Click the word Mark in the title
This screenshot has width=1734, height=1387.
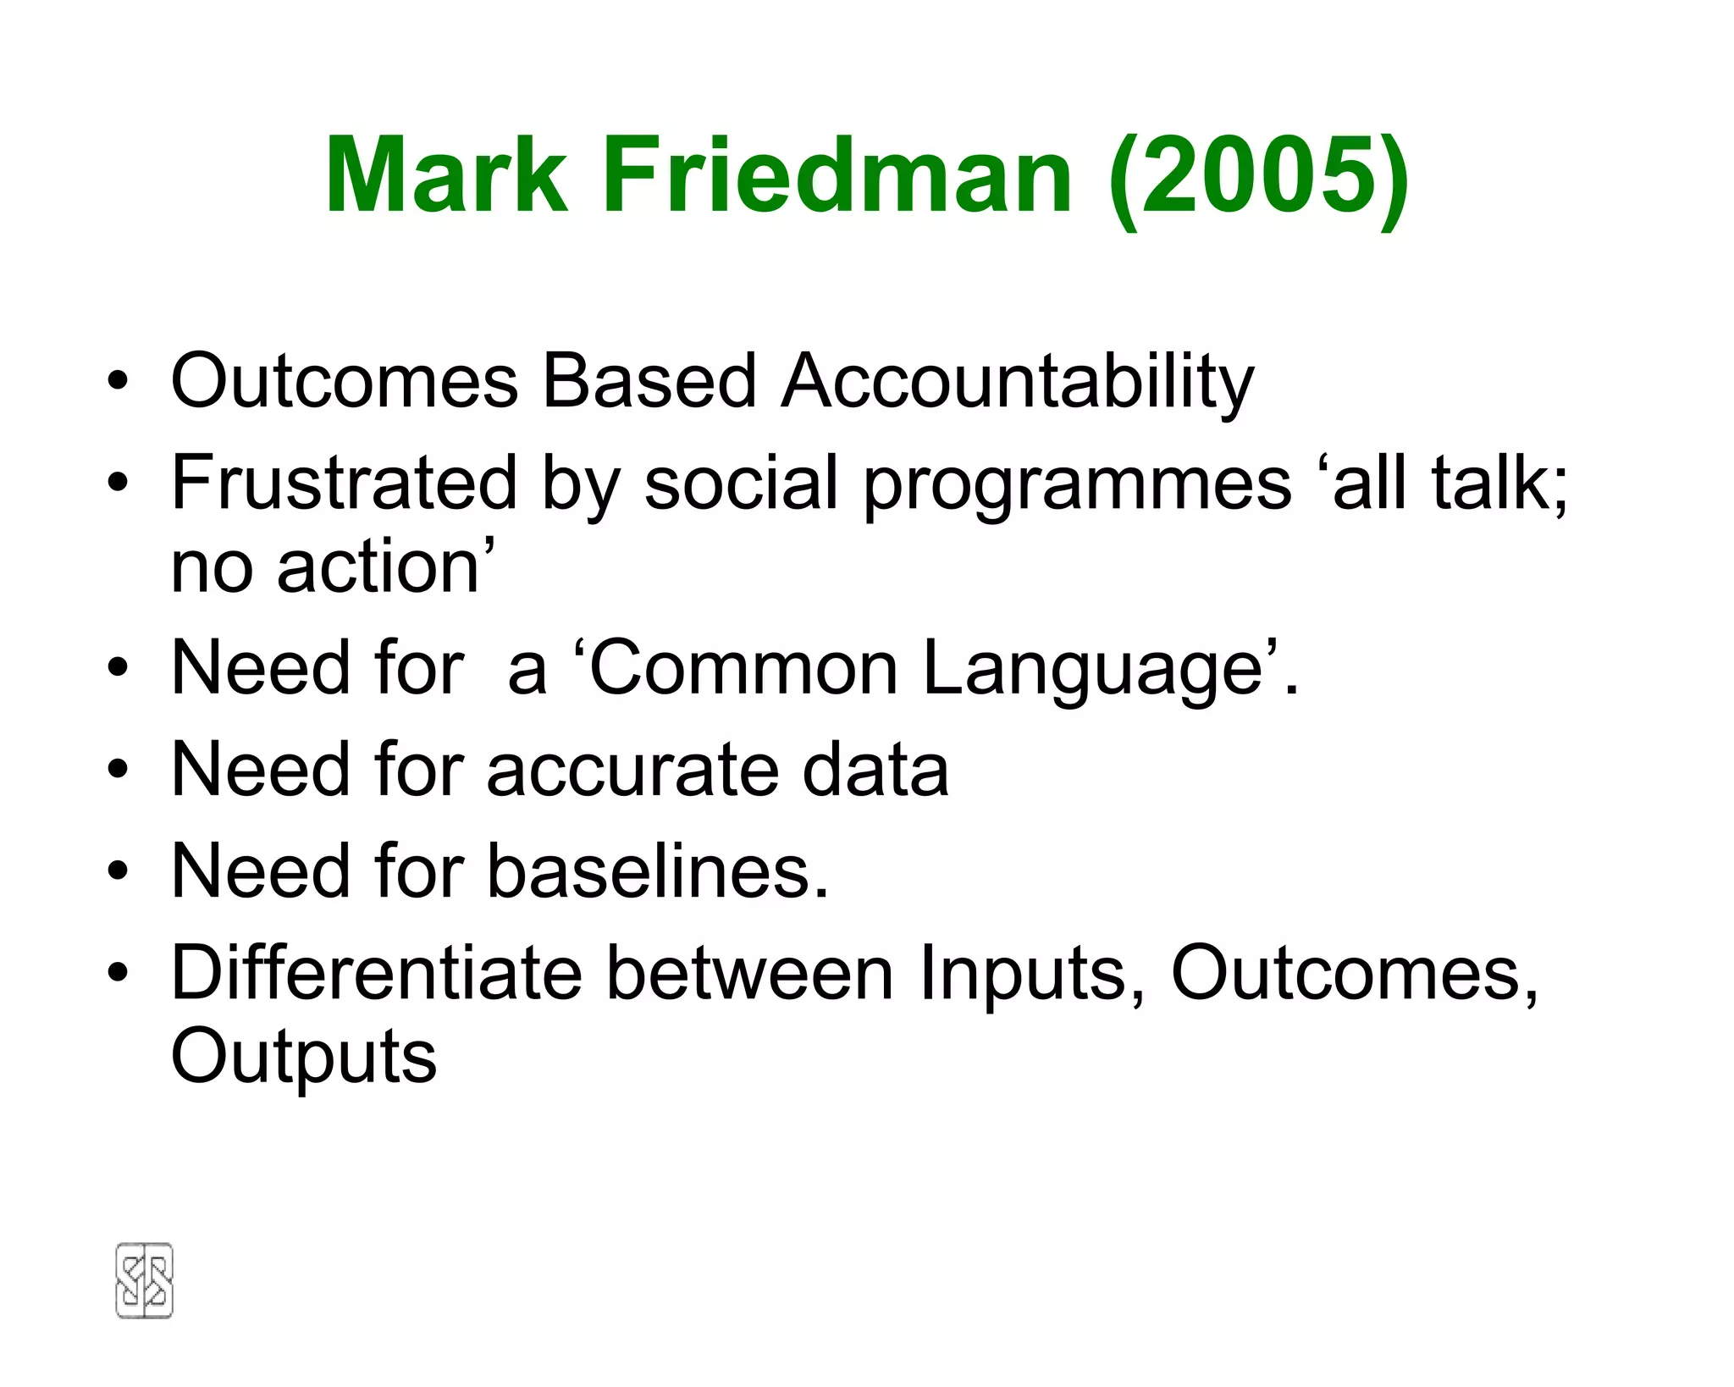click(446, 176)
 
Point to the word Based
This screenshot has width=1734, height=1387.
click(649, 381)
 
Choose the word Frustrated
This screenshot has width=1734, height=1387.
click(344, 483)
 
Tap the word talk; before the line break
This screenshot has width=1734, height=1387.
click(1499, 483)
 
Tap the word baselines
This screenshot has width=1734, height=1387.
click(657, 872)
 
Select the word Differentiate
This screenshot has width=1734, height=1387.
click(377, 974)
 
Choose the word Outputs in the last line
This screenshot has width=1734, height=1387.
click(304, 1058)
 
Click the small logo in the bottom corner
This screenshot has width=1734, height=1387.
click(144, 1280)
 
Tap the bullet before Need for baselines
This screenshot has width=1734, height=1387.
click(119, 872)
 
